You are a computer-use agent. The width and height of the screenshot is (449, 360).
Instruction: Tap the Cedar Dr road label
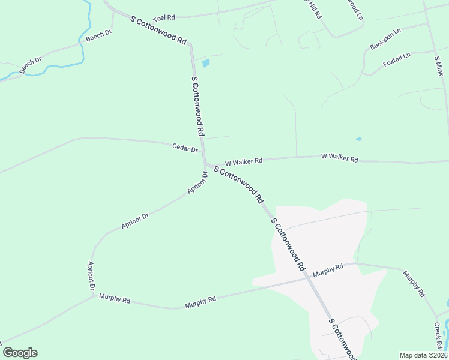185,148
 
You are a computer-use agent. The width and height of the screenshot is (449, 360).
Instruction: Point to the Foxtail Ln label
397,59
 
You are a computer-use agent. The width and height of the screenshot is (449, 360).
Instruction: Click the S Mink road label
438,66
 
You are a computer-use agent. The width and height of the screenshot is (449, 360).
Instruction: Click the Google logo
20,353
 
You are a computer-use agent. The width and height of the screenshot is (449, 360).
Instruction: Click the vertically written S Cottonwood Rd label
199,106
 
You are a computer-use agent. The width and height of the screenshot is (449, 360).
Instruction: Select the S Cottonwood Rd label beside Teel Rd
158,29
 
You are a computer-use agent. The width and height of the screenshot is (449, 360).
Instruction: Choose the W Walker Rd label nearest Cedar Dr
244,162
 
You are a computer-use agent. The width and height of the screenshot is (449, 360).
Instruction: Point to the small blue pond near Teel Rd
206,62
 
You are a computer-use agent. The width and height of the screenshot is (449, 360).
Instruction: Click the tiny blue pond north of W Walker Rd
358,139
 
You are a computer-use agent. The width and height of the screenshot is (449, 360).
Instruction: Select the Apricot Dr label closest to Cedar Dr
197,183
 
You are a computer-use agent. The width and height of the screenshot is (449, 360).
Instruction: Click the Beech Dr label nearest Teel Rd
99,36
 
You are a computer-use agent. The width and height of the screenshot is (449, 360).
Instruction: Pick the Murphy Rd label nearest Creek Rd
414,284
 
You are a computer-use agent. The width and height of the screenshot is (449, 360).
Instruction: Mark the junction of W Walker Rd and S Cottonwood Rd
205,163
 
